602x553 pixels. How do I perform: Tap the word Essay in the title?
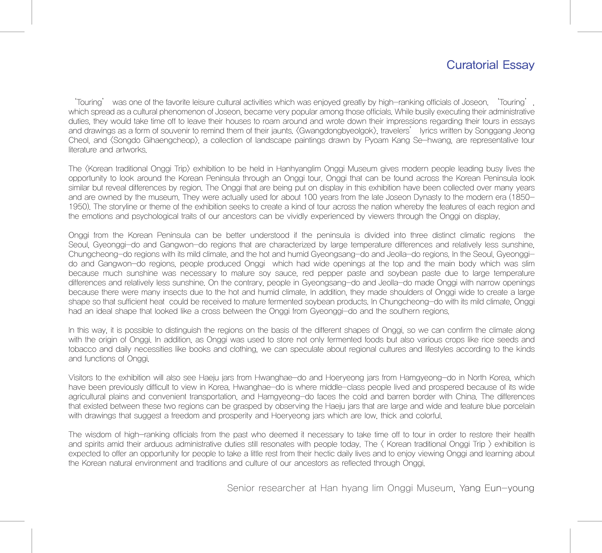pyautogui.click(x=518, y=65)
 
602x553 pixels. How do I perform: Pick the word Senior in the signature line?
pyautogui.click(x=241, y=488)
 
